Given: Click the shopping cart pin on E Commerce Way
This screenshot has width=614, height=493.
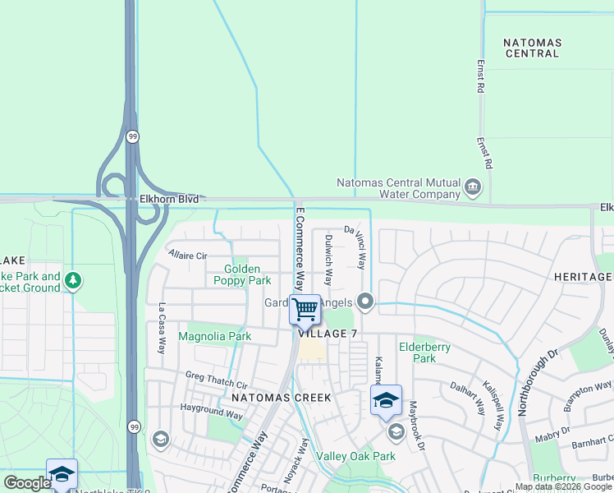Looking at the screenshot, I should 305,311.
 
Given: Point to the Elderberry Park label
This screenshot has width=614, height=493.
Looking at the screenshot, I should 424,352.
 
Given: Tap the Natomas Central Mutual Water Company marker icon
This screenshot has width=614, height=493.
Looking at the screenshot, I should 473,188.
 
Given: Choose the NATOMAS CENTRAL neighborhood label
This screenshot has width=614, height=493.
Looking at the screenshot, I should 531,47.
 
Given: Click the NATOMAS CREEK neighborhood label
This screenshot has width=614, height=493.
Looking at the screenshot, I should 281,398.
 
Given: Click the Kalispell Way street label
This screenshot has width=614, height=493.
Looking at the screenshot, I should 493,405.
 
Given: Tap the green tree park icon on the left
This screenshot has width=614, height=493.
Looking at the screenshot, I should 75,281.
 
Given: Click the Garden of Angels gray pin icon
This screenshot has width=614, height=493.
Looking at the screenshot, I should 365,304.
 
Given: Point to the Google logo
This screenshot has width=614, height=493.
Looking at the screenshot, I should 27,483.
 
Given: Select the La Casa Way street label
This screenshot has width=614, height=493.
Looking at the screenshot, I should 162,329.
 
